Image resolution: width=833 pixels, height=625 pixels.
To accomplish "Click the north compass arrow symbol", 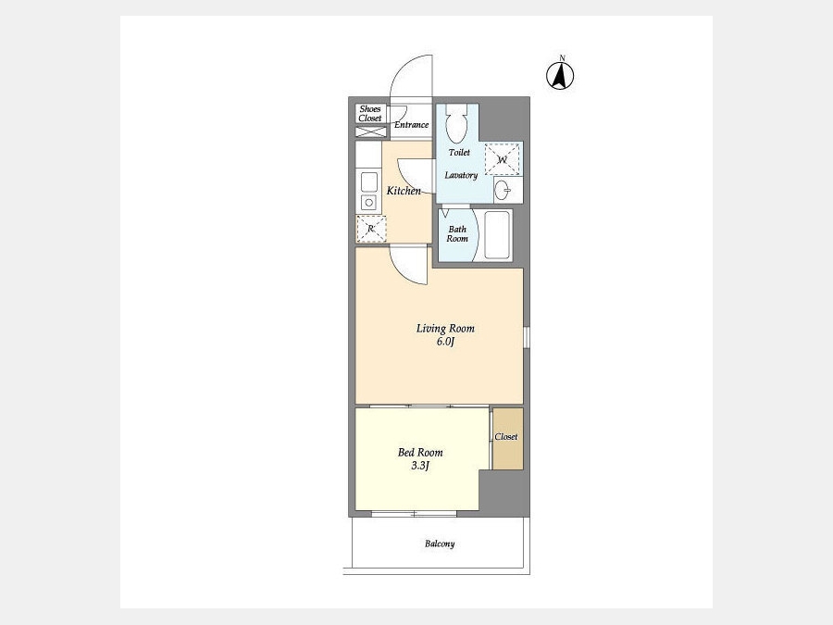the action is (x=560, y=76).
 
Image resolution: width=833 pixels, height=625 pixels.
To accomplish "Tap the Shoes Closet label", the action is (x=370, y=113).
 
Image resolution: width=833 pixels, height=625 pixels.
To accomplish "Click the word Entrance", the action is (x=411, y=125).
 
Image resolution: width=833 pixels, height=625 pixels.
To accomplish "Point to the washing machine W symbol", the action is (x=502, y=158).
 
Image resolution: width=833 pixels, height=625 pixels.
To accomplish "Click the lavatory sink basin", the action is (x=503, y=190).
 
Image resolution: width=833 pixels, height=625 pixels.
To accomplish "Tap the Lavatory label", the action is (x=461, y=175).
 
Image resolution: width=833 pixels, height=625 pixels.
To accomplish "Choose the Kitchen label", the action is (x=404, y=191).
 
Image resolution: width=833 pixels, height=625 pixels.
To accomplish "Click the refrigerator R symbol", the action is (x=371, y=229).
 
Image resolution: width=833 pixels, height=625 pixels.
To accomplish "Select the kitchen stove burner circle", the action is (x=368, y=202).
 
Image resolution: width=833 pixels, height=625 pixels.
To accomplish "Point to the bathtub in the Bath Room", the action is (x=498, y=235).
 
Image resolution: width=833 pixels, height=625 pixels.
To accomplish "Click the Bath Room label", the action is (x=457, y=234).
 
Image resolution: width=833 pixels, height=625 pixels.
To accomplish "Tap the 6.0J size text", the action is (x=446, y=341).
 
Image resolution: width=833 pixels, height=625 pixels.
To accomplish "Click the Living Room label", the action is (x=445, y=329).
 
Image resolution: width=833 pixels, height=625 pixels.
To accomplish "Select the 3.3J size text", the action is (x=419, y=466).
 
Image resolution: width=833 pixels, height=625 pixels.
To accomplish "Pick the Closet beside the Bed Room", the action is (x=508, y=439).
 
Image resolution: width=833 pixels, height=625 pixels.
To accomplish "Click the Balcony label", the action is (x=440, y=544).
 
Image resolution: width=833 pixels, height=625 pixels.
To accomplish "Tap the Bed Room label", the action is (x=420, y=452).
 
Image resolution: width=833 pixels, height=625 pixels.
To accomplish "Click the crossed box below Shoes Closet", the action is (x=371, y=131).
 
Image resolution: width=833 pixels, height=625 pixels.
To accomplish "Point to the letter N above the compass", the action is (x=562, y=58).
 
